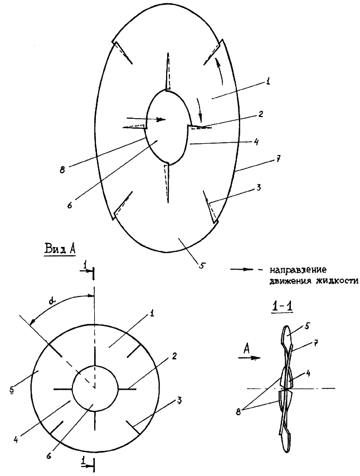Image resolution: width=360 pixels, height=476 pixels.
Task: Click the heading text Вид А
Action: point(60,249)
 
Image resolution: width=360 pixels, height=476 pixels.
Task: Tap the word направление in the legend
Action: point(298,270)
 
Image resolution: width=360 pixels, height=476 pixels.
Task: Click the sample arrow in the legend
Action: point(241,269)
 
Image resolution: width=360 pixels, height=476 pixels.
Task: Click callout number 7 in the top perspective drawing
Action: point(279,158)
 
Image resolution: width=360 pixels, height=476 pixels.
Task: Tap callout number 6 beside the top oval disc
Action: point(70,205)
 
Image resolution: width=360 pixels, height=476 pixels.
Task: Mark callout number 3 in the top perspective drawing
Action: point(259,188)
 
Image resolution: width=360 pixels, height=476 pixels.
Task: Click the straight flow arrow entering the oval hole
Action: point(146,119)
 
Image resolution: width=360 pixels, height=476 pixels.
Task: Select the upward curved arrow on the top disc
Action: point(220,71)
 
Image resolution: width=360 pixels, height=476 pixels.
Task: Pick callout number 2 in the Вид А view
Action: point(174,356)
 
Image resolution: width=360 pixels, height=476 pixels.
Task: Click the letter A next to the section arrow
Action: point(246,350)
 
